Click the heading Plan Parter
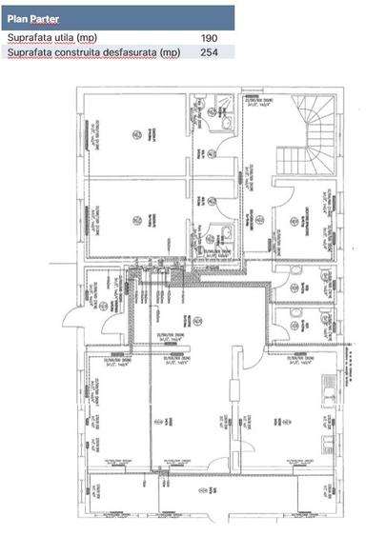(x=33, y=18)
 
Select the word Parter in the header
(x=45, y=18)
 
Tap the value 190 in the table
(x=210, y=38)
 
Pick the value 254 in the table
(x=210, y=52)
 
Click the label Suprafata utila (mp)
(x=51, y=38)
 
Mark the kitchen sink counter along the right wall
(x=329, y=391)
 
